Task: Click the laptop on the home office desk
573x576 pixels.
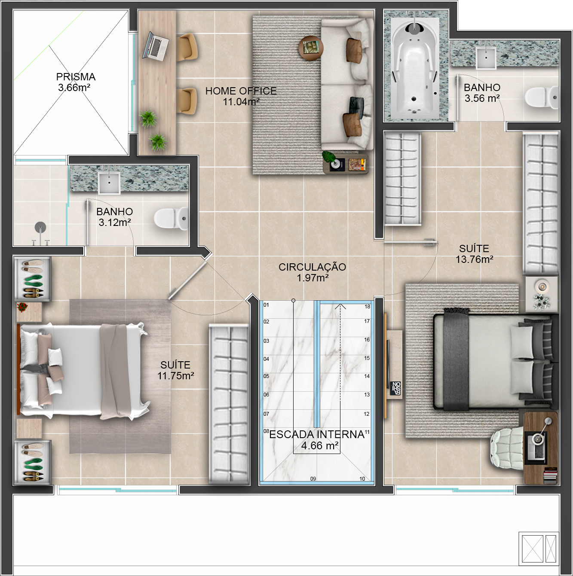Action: click(x=155, y=46)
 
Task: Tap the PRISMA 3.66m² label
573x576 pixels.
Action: click(x=75, y=82)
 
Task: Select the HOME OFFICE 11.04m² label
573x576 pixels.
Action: click(x=241, y=96)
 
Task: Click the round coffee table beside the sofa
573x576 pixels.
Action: click(x=311, y=49)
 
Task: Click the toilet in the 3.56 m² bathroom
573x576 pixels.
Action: click(x=542, y=98)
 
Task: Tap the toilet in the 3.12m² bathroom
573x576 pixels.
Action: click(x=171, y=219)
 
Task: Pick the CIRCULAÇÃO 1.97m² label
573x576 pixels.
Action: click(x=313, y=272)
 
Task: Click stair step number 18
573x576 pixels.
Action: click(x=367, y=306)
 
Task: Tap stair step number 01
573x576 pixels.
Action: click(x=266, y=305)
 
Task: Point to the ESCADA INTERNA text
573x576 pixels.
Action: click(x=317, y=435)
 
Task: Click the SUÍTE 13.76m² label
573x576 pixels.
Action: click(x=474, y=254)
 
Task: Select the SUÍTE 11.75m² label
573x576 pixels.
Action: click(x=176, y=370)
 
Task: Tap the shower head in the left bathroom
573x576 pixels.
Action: click(x=40, y=227)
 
